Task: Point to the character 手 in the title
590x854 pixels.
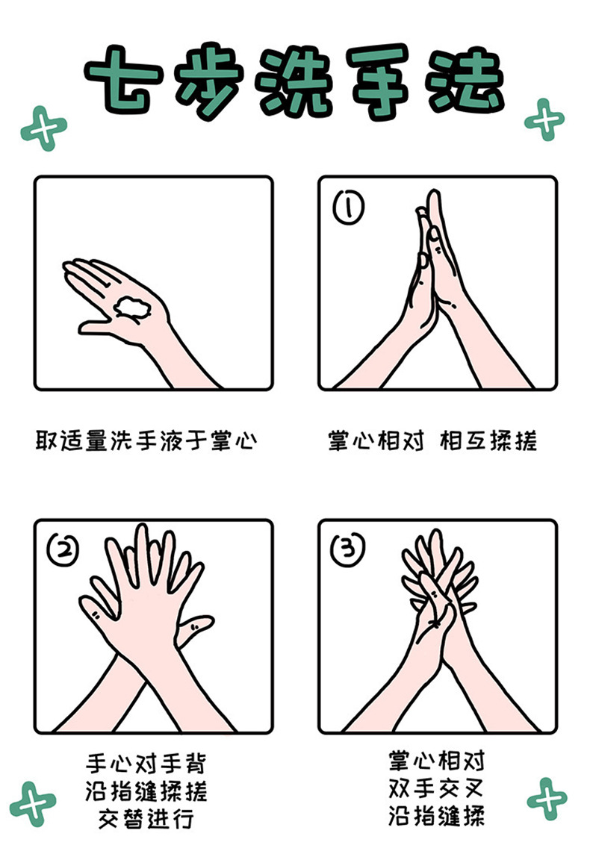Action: click(x=379, y=81)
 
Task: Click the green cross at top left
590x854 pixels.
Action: click(x=43, y=128)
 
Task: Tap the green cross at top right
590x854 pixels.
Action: click(x=544, y=120)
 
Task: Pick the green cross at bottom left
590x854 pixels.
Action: click(x=33, y=804)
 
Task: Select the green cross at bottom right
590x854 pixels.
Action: click(x=547, y=799)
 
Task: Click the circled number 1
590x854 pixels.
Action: click(x=349, y=208)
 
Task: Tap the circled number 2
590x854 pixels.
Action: click(x=63, y=549)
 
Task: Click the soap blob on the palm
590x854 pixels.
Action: click(x=131, y=307)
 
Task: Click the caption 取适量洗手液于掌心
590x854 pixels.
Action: click(x=146, y=440)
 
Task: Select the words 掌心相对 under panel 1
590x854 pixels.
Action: click(x=376, y=440)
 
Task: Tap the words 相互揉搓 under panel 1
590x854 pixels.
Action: click(x=488, y=440)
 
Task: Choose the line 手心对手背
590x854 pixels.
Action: click(x=146, y=764)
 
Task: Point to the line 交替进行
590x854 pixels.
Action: click(x=146, y=819)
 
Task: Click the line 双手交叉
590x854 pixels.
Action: click(x=436, y=788)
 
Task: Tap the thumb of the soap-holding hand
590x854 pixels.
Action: click(x=98, y=326)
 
